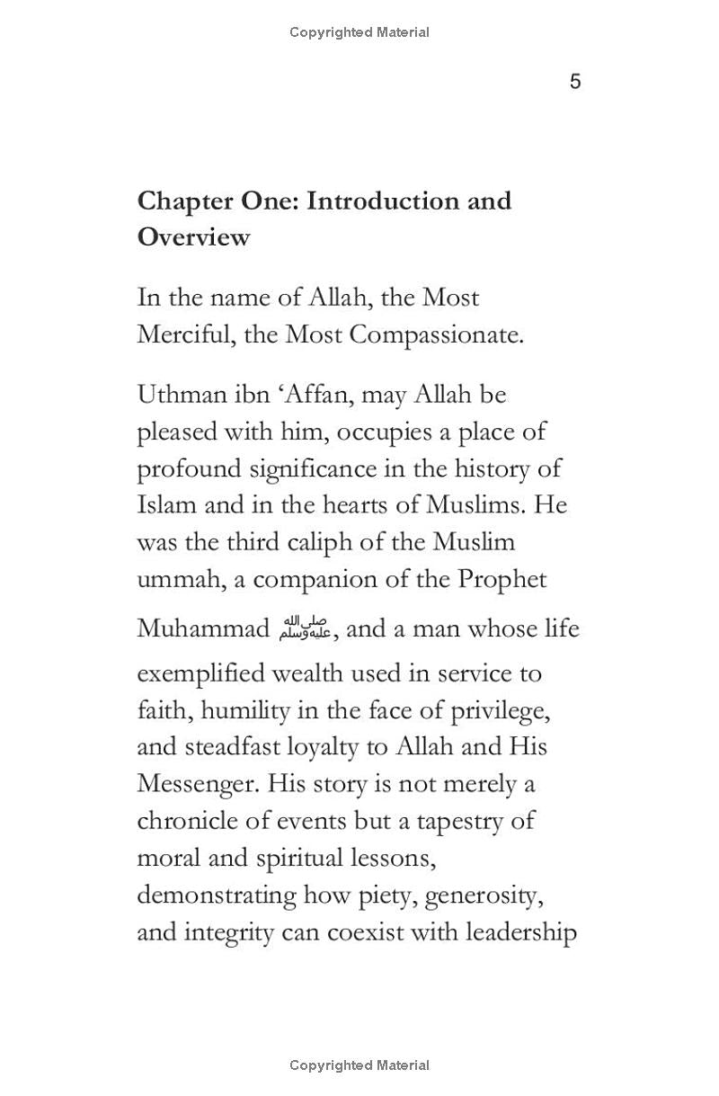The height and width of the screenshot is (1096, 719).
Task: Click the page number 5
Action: pyautogui.click(x=575, y=82)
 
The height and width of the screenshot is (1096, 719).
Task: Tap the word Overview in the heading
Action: pyautogui.click(x=193, y=237)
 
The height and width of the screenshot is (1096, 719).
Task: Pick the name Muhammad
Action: pyautogui.click(x=203, y=628)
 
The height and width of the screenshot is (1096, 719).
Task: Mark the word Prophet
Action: pyautogui.click(x=502, y=579)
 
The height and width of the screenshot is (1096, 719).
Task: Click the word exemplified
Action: pyautogui.click(x=201, y=673)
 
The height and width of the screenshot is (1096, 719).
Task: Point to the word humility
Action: pyautogui.click(x=239, y=710)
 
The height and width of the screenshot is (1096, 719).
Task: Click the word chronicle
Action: pyautogui.click(x=184, y=821)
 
